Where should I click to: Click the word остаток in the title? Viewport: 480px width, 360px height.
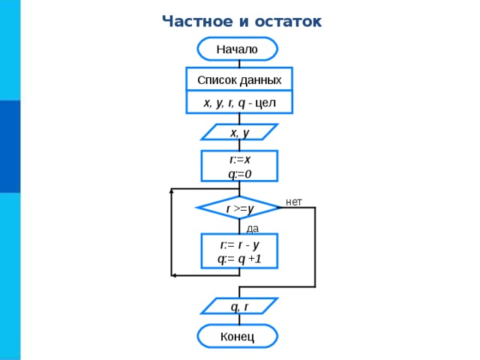(x=288, y=22)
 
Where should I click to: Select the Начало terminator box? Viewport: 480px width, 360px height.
(x=238, y=49)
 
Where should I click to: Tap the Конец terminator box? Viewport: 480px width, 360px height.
(x=238, y=337)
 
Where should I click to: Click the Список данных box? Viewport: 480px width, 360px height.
(x=239, y=79)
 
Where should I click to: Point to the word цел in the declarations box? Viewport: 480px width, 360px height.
(x=265, y=103)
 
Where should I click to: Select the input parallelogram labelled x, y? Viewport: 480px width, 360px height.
(x=239, y=132)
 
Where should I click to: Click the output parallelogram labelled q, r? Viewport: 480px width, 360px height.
(x=239, y=306)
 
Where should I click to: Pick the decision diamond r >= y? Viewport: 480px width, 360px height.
(x=239, y=208)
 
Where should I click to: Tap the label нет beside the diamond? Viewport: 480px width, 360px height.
(x=294, y=202)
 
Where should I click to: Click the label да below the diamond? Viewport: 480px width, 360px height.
(x=253, y=228)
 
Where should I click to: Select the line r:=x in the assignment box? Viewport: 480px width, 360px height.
(x=240, y=160)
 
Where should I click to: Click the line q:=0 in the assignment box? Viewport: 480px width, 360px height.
(x=240, y=174)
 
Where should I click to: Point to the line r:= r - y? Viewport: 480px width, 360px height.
(x=240, y=244)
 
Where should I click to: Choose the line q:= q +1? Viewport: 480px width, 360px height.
(x=240, y=259)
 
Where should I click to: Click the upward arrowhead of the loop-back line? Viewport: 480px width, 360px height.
(x=172, y=191)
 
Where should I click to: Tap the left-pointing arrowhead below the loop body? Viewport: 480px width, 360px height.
(x=173, y=275)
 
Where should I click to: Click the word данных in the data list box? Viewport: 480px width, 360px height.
(x=260, y=80)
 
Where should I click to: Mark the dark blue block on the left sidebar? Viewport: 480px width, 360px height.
(x=10, y=146)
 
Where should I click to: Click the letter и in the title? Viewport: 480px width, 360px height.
(x=243, y=22)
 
